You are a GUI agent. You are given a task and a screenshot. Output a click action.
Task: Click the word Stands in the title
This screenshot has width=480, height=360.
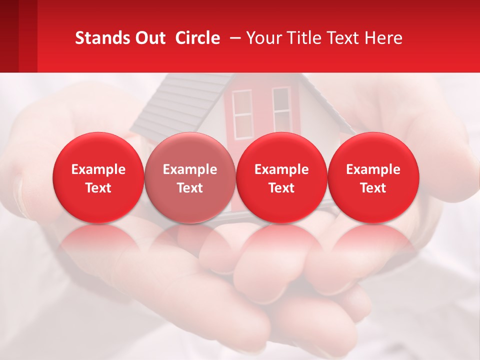99,38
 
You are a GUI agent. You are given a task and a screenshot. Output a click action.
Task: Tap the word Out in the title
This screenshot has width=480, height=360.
148,38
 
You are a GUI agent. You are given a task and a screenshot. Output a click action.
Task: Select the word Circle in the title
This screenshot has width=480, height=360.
197,38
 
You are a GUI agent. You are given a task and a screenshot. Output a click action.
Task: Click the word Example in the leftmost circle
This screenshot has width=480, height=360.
98,169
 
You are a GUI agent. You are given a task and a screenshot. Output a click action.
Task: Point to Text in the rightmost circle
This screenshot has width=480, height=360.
373,188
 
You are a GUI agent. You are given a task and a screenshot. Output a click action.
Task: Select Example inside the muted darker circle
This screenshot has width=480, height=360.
190,169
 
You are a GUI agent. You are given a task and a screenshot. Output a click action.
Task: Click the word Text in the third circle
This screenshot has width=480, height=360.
281,188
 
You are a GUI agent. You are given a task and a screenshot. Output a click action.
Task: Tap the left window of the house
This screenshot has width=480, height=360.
243,113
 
